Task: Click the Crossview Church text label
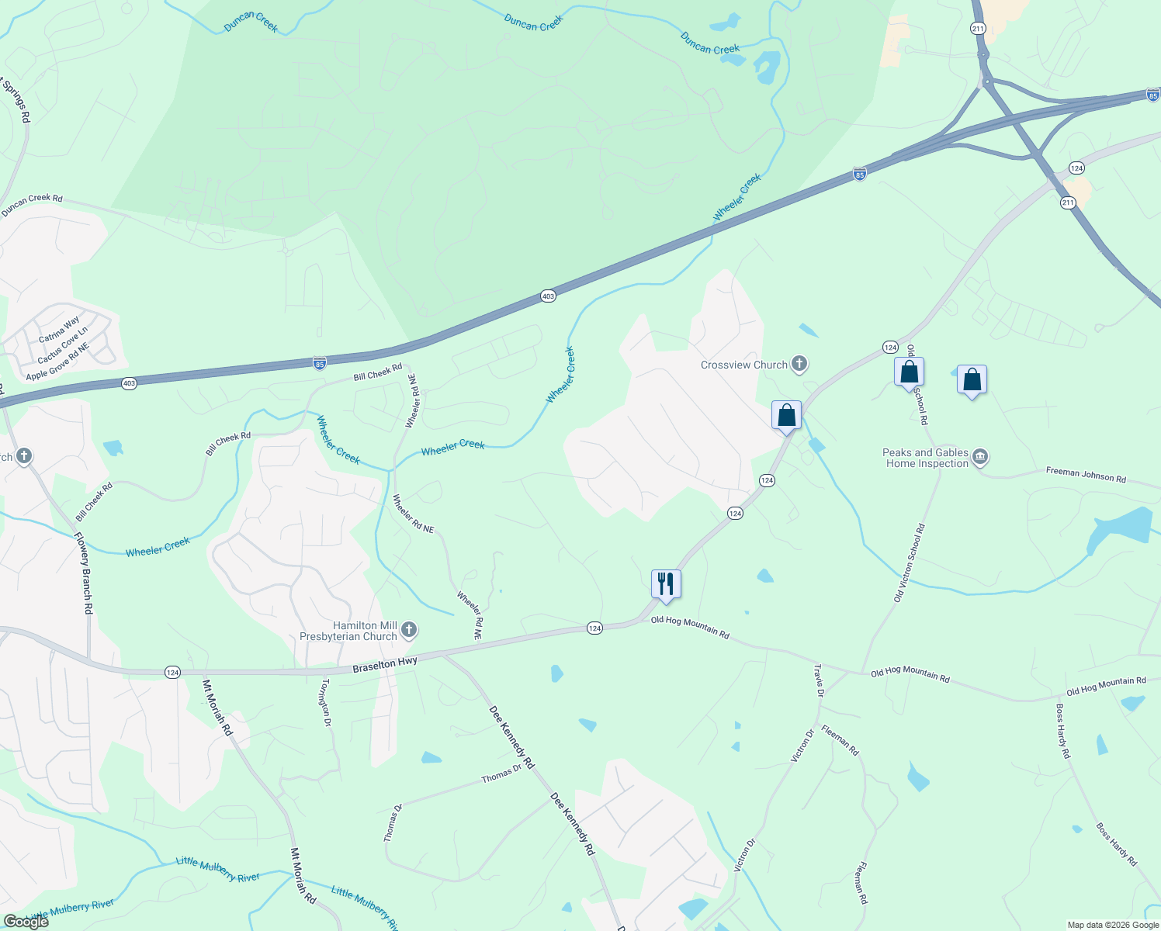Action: [743, 365]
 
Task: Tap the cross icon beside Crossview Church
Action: [799, 364]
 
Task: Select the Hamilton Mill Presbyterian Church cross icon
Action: [409, 631]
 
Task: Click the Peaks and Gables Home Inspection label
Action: [926, 458]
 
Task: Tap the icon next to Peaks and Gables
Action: [980, 457]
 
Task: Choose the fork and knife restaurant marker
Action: [666, 583]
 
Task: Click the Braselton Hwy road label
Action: [385, 665]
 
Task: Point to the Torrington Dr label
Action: [327, 702]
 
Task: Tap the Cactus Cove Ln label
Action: [62, 345]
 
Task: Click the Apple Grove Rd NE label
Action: [58, 362]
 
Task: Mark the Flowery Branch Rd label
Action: [83, 573]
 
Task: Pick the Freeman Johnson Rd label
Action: [1085, 474]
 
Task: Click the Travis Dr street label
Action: [818, 680]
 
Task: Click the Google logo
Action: [26, 921]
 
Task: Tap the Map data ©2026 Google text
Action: [1113, 925]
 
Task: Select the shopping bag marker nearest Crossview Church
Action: [786, 415]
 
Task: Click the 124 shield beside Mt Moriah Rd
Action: [172, 673]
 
